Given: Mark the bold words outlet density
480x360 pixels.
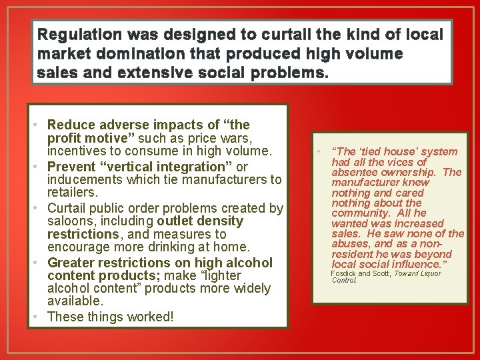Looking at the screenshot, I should coord(200,221).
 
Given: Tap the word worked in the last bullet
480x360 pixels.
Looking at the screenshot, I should coord(150,317).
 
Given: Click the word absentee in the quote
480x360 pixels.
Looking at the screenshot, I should coord(354,173).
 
